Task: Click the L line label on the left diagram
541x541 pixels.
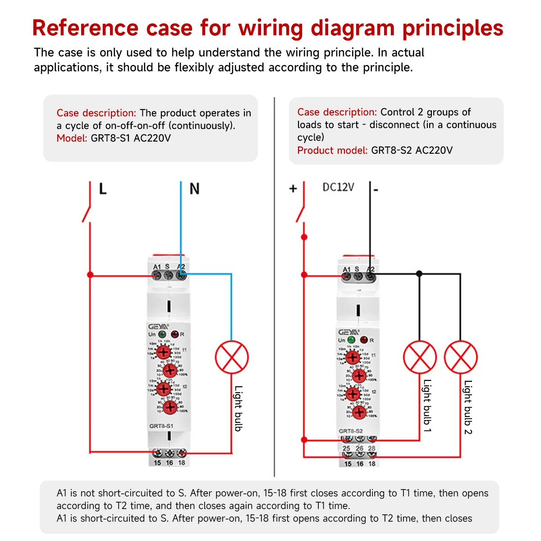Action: coord(103,188)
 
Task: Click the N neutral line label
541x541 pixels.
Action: coord(194,188)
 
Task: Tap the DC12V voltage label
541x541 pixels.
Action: coord(338,187)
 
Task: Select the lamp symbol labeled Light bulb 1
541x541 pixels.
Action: coord(420,358)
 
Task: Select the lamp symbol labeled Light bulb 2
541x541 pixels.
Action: coord(460,358)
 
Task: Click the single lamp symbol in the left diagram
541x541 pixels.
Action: coord(232,357)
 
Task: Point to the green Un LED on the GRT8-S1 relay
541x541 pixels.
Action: coord(162,335)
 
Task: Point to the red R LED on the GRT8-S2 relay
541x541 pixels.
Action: coord(364,339)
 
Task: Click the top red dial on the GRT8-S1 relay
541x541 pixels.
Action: coord(164,352)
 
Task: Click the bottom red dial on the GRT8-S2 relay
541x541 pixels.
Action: coord(359,412)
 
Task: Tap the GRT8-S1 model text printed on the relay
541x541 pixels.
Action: coord(161,426)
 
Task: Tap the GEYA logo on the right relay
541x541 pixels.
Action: coord(348,332)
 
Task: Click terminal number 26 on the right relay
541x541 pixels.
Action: coord(359,449)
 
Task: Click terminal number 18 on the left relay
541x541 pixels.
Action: coord(182,463)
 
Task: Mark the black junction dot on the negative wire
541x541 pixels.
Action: coord(419,274)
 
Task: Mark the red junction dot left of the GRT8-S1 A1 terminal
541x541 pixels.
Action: coord(90,275)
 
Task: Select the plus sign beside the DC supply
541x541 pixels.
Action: coord(293,188)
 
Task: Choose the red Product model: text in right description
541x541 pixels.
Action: coord(332,150)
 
